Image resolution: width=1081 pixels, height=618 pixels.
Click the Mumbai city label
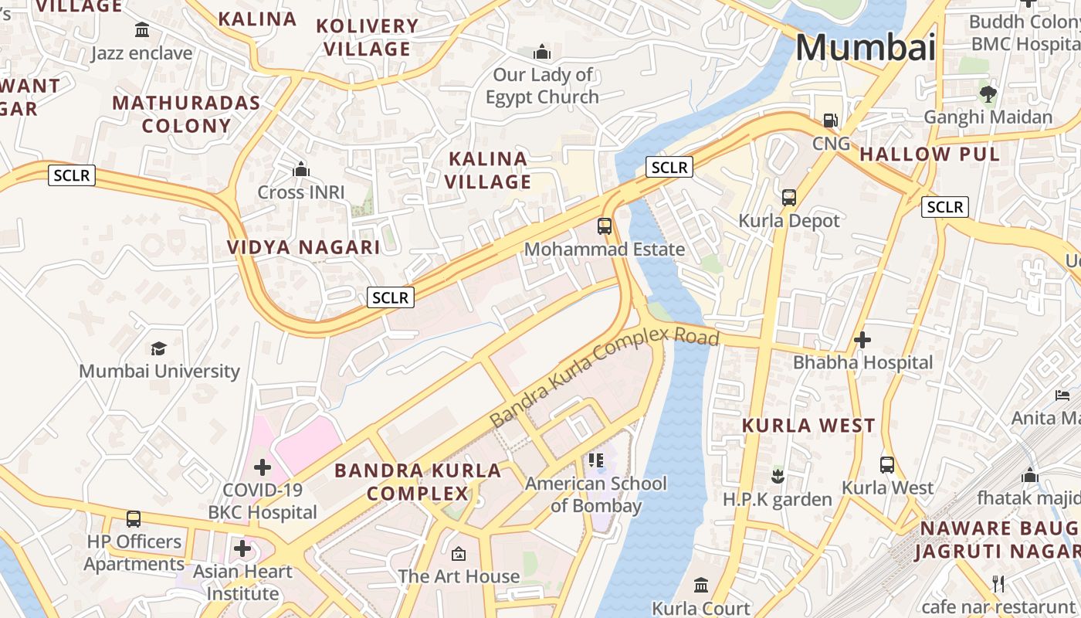(x=865, y=48)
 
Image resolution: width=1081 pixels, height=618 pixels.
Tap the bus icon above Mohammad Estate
(x=605, y=226)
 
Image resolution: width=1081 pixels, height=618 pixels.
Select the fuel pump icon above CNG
(x=831, y=121)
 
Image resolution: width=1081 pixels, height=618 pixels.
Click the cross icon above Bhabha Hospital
(x=862, y=339)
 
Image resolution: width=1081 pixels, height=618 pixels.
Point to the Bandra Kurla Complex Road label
(x=604, y=377)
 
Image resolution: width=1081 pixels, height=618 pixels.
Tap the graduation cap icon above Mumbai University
(x=159, y=348)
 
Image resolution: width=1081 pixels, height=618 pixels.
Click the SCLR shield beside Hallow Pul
(x=944, y=207)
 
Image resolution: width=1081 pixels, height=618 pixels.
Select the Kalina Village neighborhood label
(x=489, y=171)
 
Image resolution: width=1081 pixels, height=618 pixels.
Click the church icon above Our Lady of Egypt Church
(x=542, y=53)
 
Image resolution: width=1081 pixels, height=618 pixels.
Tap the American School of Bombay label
(x=595, y=494)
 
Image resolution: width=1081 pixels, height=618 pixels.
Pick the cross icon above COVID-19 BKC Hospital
(x=263, y=467)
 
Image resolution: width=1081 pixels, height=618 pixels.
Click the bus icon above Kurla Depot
(x=788, y=198)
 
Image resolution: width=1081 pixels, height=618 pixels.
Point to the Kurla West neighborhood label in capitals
(x=808, y=426)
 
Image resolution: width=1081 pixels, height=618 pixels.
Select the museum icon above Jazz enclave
(x=142, y=30)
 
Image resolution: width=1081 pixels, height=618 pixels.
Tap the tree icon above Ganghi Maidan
(x=988, y=94)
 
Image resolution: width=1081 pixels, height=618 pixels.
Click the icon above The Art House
(x=459, y=553)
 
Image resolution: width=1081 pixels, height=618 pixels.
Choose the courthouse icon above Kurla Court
(x=701, y=585)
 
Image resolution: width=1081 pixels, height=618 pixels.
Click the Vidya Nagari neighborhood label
(x=303, y=247)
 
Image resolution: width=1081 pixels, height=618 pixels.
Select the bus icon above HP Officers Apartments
(x=134, y=518)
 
